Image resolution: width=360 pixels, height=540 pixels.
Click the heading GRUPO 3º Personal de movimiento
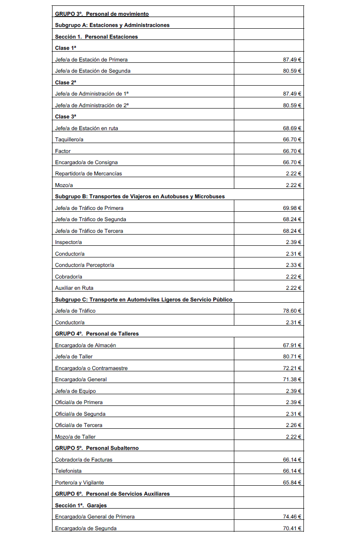(102, 14)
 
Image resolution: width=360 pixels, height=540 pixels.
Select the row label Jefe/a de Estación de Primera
(92, 60)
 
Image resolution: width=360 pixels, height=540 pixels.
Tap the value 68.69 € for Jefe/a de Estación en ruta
(292, 128)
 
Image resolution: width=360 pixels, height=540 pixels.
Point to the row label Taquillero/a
(69, 139)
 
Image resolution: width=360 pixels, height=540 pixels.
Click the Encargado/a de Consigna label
(86, 162)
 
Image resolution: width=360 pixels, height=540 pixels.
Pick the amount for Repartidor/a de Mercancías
(294, 174)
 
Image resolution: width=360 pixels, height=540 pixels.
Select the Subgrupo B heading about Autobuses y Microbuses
(140, 196)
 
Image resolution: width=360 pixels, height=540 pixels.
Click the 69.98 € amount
(292, 208)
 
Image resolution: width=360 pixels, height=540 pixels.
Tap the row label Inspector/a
(68, 242)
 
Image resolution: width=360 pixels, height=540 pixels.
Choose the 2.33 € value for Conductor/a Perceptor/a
(294, 265)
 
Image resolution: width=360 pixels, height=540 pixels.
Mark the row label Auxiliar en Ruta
(74, 288)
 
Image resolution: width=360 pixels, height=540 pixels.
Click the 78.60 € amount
(292, 311)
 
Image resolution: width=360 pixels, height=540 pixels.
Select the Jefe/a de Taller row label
(74, 357)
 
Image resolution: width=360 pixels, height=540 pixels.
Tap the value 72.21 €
(292, 368)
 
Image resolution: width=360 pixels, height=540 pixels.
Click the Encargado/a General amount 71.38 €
(292, 379)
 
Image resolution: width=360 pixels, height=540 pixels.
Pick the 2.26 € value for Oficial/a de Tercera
(294, 425)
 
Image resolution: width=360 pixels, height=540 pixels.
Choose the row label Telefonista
(68, 471)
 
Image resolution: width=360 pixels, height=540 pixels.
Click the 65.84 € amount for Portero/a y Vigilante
(292, 483)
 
